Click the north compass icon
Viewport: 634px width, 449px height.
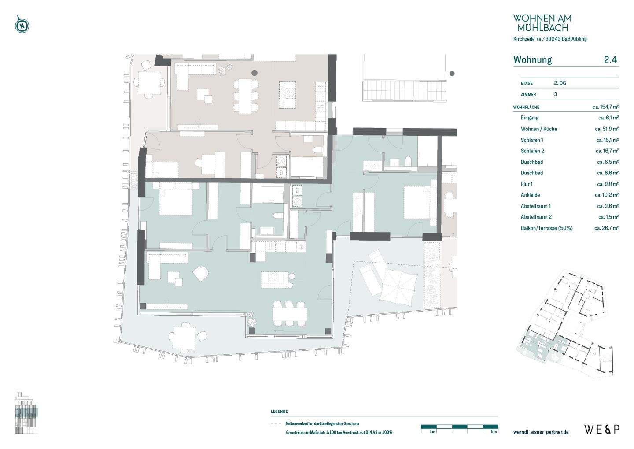22,25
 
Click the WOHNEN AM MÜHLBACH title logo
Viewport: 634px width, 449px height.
542,23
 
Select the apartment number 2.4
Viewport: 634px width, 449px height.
610,60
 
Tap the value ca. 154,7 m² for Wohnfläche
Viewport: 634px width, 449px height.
605,107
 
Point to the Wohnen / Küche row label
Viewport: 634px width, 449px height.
538,129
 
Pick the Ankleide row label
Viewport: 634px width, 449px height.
530,195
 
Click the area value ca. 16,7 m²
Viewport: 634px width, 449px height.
607,151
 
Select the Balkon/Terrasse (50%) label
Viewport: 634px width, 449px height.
546,228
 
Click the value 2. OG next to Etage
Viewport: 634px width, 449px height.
560,83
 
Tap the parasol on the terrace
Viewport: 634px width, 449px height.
398,286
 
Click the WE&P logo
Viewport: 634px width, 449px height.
601,429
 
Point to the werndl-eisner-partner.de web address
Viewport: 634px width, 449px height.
541,432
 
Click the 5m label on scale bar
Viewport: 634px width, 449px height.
494,432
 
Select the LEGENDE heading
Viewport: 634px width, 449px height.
279,412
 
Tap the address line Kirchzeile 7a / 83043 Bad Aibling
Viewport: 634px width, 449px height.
549,39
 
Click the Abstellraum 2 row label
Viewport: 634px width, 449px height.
536,217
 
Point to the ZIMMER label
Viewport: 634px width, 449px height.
528,94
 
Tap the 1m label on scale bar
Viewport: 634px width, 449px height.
432,432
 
